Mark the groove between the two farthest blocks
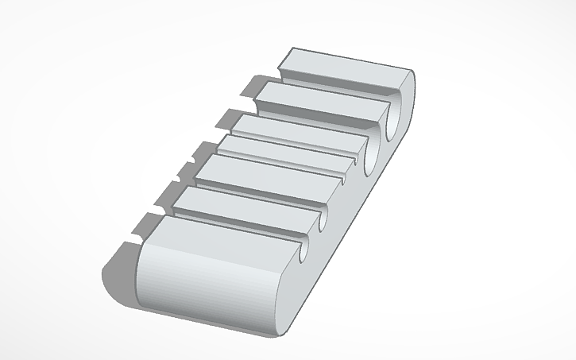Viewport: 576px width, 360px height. pyautogui.click(x=334, y=84)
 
